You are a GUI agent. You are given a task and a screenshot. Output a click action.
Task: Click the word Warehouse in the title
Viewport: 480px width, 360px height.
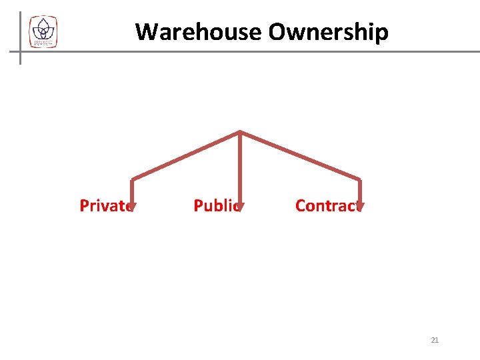pos(198,31)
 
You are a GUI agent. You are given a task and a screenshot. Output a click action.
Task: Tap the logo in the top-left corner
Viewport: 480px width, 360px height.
pos(43,31)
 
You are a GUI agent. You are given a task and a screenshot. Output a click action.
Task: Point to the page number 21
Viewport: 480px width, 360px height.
pos(435,340)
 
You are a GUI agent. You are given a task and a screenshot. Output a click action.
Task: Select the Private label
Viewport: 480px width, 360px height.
pos(105,205)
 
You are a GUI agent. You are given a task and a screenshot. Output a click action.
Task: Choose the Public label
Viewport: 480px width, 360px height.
pos(217,205)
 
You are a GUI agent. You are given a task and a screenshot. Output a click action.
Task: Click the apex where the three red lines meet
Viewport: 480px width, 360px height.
pos(240,131)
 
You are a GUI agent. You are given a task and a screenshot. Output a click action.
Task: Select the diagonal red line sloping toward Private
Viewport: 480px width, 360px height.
pos(187,155)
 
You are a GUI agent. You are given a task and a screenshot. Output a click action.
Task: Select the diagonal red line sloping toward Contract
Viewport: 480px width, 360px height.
pos(300,155)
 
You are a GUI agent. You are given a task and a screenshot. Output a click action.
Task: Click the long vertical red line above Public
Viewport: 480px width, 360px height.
pos(240,167)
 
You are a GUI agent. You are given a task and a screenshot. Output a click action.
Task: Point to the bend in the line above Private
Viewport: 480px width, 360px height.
pos(133,179)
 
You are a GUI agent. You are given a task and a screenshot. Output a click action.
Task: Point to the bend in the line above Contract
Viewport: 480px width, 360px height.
pos(360,179)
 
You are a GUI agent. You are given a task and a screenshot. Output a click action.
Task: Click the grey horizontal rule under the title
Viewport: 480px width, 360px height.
pos(267,51)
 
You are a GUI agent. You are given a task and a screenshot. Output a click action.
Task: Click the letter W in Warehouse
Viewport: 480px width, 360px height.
pos(146,31)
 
